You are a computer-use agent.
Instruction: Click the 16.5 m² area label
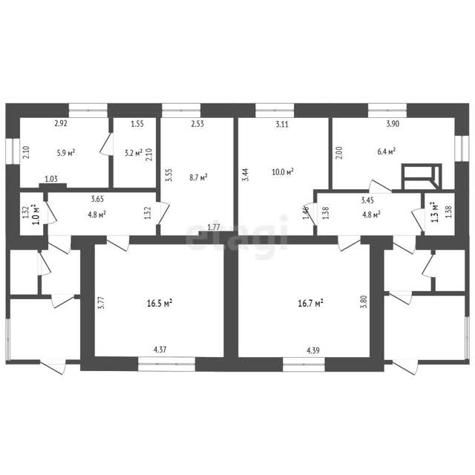tap(160, 303)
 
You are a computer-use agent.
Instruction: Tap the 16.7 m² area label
tap(310, 304)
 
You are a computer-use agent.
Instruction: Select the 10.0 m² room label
tap(283, 172)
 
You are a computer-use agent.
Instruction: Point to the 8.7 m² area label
tap(198, 177)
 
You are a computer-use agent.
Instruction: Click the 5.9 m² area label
tap(66, 153)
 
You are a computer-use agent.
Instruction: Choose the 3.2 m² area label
tap(134, 153)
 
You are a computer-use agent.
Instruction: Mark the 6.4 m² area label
tap(386, 151)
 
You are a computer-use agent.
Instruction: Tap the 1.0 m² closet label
tap(36, 214)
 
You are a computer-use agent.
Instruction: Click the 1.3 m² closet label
tap(435, 212)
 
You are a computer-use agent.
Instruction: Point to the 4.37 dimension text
tap(160, 350)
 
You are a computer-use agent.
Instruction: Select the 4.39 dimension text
tap(313, 350)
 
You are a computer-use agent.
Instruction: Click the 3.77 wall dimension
tap(102, 302)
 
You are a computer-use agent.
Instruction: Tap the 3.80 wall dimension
tap(364, 302)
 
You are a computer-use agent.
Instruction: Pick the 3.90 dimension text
tap(393, 124)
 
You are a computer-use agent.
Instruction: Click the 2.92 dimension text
tap(61, 123)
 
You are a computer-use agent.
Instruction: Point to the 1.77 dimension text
tap(214, 227)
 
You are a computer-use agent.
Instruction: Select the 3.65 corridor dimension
tap(97, 199)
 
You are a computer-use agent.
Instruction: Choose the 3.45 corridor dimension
tap(367, 200)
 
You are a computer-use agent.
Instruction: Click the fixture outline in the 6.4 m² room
tap(422, 177)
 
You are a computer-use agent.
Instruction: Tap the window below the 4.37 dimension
tap(166, 364)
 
